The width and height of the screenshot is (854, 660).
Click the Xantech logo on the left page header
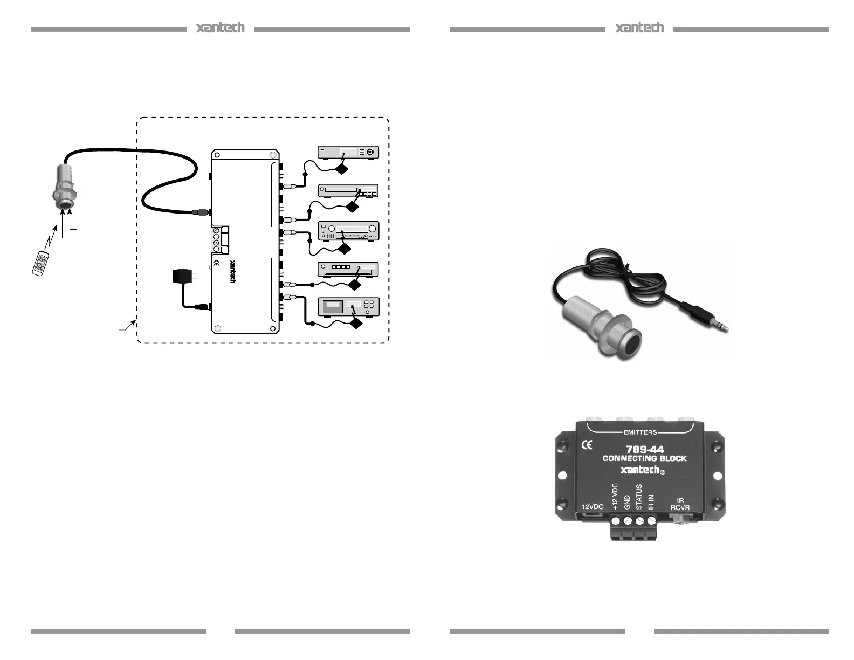pyautogui.click(x=220, y=28)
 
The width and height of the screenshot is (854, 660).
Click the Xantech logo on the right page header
pyautogui.click(x=639, y=28)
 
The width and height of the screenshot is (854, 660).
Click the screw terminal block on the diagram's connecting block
pyautogui.click(x=219, y=239)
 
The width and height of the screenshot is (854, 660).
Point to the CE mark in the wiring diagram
pyautogui.click(x=217, y=263)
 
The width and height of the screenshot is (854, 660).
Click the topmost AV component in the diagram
pyautogui.click(x=348, y=152)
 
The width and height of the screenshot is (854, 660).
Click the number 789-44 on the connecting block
pyautogui.click(x=644, y=449)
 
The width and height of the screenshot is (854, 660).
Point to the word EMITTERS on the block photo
pyautogui.click(x=640, y=432)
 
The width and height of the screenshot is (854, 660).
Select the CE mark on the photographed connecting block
pyautogui.click(x=586, y=445)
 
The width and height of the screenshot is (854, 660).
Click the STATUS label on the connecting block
pyautogui.click(x=639, y=497)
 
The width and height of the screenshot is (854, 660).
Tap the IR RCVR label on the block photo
pyautogui.click(x=680, y=504)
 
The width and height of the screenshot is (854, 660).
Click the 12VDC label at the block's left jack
pyautogui.click(x=592, y=507)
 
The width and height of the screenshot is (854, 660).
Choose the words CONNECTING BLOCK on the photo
pyautogui.click(x=644, y=458)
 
